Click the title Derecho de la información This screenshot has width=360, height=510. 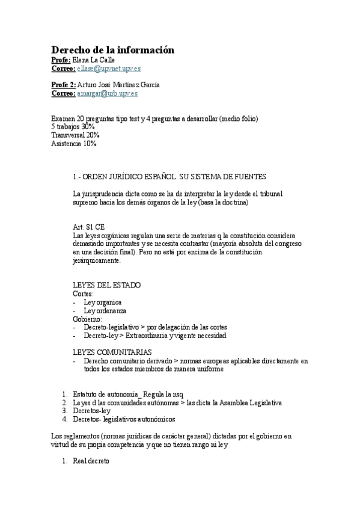112,50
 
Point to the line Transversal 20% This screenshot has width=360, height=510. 75,135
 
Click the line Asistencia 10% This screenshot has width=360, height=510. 73,144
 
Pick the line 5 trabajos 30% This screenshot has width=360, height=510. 72,127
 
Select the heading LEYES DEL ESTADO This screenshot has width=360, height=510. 106,285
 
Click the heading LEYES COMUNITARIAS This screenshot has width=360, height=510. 112,352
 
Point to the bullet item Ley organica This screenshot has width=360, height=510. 103,302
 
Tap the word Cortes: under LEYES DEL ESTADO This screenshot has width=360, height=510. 83,293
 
